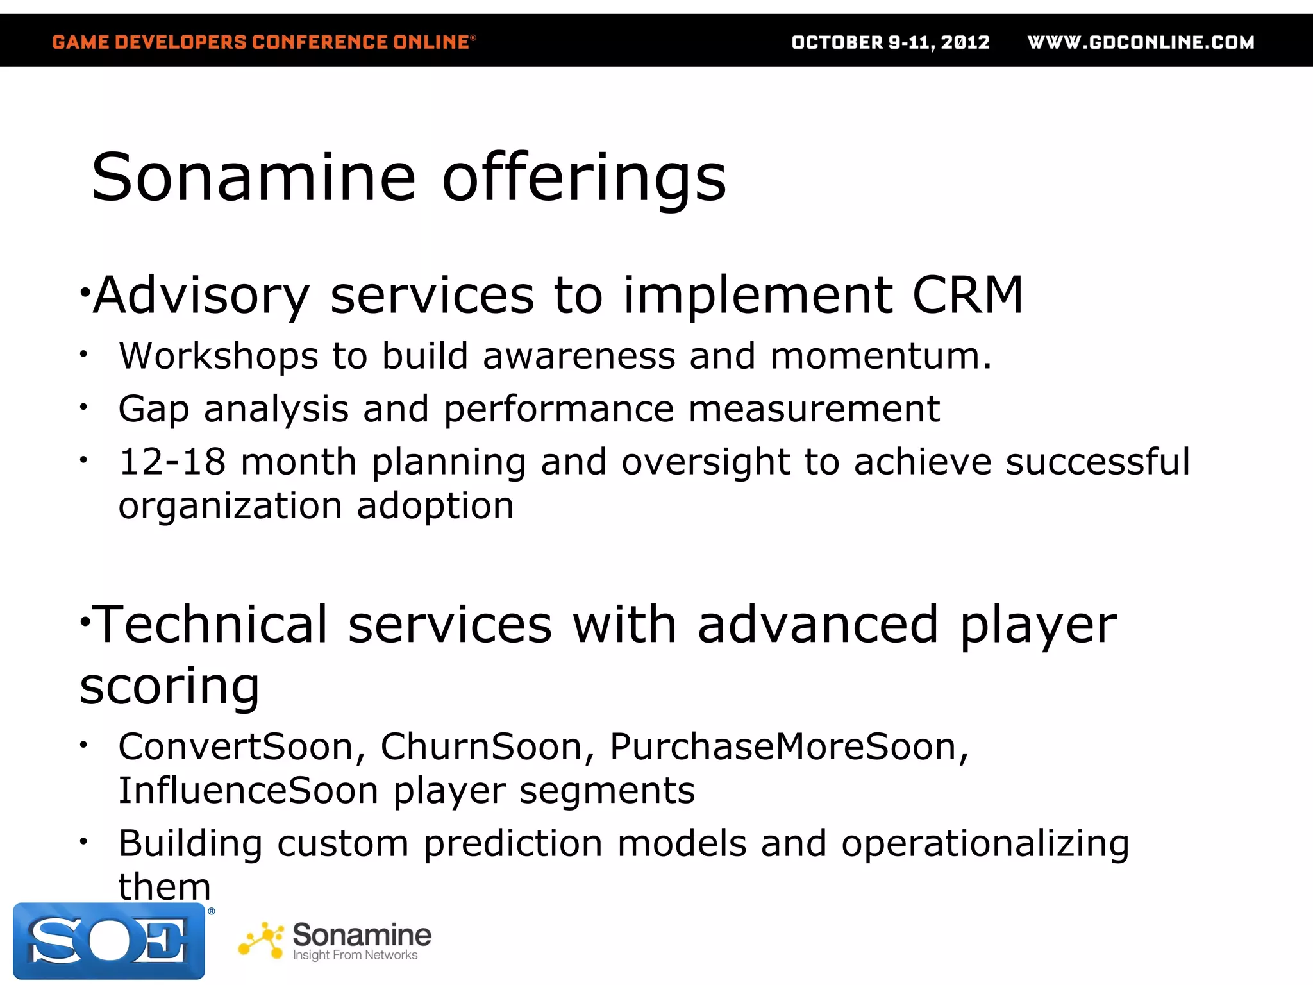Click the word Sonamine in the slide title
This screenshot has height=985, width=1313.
[254, 178]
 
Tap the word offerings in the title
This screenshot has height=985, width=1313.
[584, 178]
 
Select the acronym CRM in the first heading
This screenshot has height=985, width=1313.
[967, 295]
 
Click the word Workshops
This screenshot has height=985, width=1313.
[218, 356]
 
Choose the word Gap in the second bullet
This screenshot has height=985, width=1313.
[154, 409]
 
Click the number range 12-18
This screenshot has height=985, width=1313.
[172, 462]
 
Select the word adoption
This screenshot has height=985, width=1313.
[435, 506]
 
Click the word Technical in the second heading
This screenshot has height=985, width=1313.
[212, 625]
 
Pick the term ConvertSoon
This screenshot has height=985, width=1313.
[241, 747]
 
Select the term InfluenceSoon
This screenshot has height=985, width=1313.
[248, 791]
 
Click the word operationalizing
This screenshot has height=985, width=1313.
[985, 844]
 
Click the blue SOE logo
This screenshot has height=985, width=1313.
[109, 941]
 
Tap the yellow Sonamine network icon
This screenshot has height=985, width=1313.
[261, 941]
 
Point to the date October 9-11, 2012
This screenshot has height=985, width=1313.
[890, 42]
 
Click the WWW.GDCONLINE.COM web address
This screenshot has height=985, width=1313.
[1141, 42]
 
